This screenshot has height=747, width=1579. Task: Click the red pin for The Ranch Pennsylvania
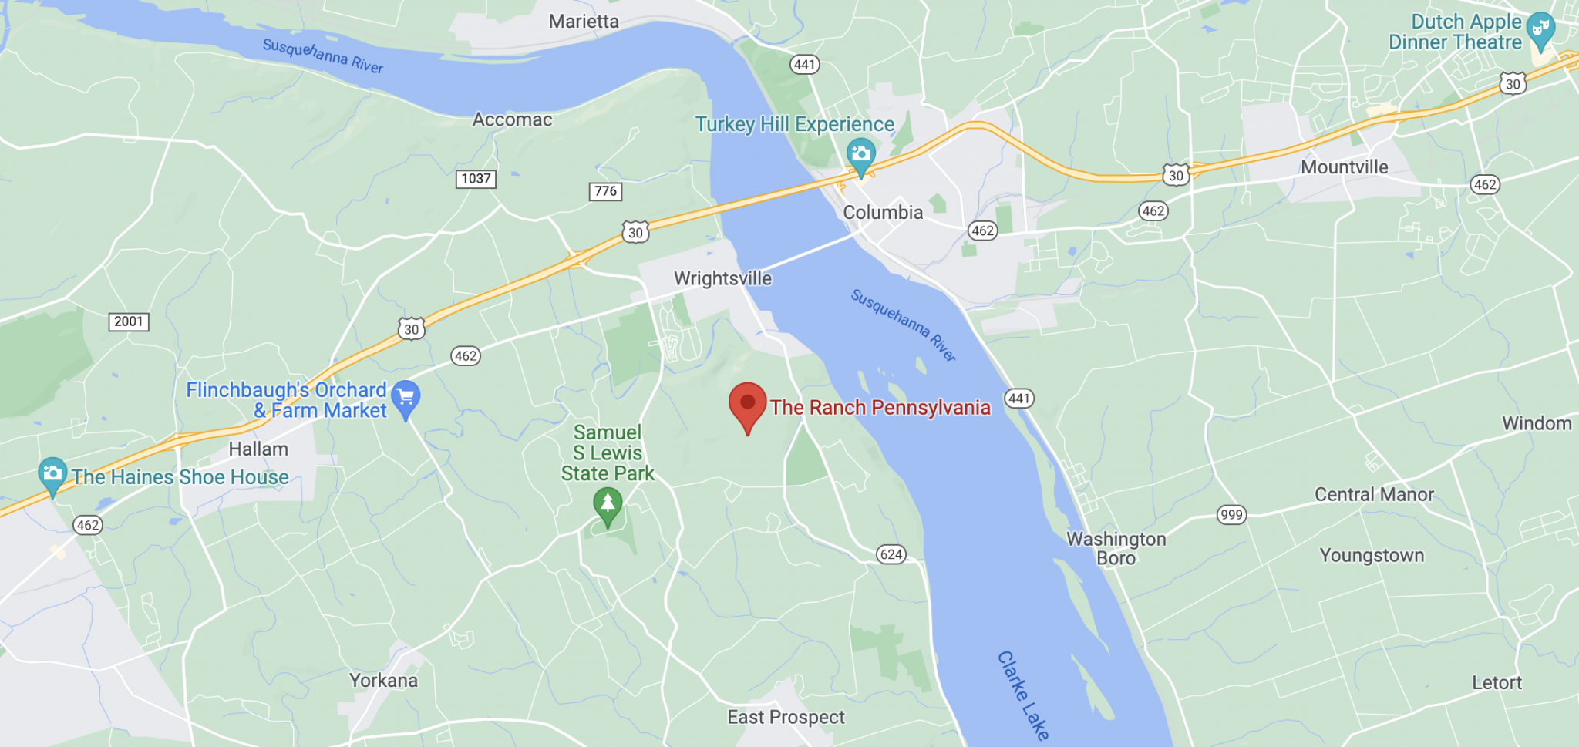point(747,405)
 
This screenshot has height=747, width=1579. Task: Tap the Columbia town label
point(883,213)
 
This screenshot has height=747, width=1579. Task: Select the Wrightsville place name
point(722,278)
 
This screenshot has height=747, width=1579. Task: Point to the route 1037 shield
point(476,179)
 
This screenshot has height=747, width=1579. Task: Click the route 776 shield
point(606,191)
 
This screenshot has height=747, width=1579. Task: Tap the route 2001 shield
point(128,321)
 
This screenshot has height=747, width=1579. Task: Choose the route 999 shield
point(1231,515)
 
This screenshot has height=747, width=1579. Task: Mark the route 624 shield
point(891,554)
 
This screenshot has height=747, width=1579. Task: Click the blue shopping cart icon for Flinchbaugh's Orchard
point(406,398)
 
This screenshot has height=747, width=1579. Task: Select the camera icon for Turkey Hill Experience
point(860,154)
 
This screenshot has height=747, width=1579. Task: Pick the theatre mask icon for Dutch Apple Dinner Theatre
point(1540,29)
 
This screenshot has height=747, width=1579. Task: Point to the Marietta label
point(584,22)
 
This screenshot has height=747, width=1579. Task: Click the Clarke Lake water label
point(1023,696)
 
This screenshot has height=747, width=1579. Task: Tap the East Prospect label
point(786,718)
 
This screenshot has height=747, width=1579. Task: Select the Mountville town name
point(1344,167)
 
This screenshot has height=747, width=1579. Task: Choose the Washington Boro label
point(1116,548)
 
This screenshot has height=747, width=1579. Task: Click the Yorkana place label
point(383,681)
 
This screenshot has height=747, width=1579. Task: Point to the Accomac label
point(512,119)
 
